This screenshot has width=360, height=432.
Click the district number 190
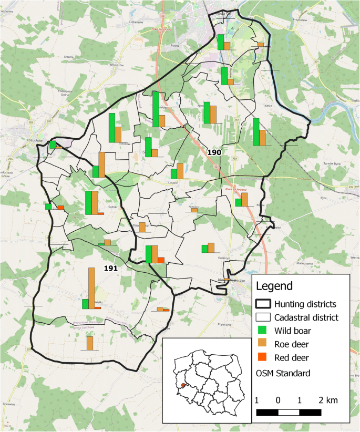[x=214, y=152]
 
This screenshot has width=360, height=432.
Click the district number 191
[x=110, y=268]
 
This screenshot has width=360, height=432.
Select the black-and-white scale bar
[x=289, y=412]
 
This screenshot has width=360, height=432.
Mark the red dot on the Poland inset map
[x=183, y=385]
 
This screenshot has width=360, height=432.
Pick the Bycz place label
[x=324, y=198]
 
